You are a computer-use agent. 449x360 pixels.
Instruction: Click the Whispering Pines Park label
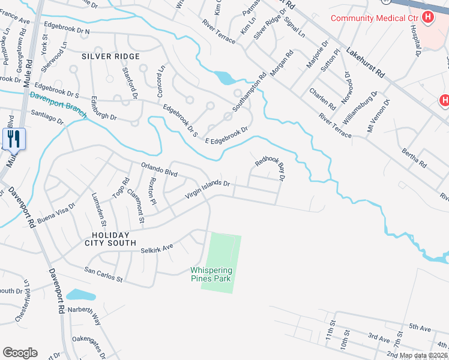211,274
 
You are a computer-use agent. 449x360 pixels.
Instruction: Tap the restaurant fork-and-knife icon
14,140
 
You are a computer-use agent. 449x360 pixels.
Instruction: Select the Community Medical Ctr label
375,17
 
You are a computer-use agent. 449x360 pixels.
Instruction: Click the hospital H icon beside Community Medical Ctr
427,17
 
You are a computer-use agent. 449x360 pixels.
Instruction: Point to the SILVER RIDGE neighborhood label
110,56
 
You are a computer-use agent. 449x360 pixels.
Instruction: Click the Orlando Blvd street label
160,170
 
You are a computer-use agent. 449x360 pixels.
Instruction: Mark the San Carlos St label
103,275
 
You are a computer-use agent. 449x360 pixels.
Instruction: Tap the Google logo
20,353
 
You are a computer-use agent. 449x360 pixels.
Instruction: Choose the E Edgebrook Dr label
226,136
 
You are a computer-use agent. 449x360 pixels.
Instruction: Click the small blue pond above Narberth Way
80,295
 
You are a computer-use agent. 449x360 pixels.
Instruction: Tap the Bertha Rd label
414,158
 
